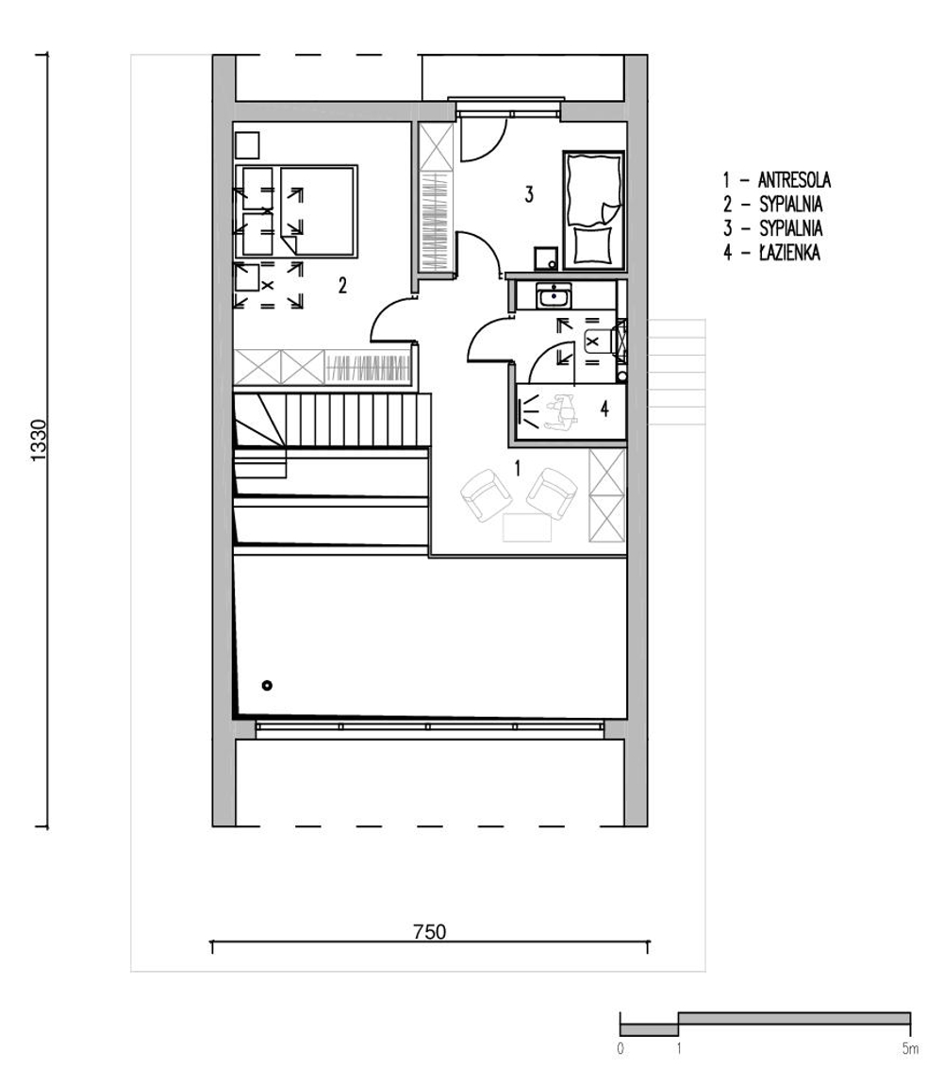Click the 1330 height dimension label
coord(39,441)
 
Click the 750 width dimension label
coord(430,931)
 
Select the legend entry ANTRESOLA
coord(794,180)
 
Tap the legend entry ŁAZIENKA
coord(789,253)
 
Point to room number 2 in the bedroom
coord(342,285)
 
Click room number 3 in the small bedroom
coord(529,194)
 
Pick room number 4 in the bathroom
coord(604,408)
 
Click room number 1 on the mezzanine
coord(518,468)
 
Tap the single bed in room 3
coord(593,210)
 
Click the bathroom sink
coord(554,296)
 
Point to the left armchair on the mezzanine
coord(485,494)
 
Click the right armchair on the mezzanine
coord(553,493)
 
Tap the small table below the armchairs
coord(526,528)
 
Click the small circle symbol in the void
coord(267,685)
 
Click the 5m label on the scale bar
coord(910,1049)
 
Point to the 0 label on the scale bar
coord(620,1049)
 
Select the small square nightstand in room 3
coord(546,258)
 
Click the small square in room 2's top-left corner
coord(247,144)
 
